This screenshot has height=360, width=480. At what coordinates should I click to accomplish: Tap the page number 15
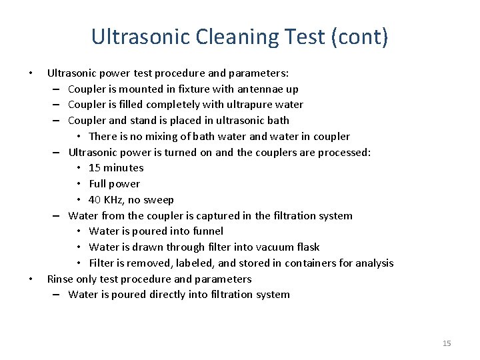pyautogui.click(x=447, y=343)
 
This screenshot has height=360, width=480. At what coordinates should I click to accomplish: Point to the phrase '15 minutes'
pyautogui.click(x=116, y=168)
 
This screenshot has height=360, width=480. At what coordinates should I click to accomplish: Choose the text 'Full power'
pyautogui.click(x=114, y=184)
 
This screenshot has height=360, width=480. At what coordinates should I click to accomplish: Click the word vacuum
pyautogui.click(x=271, y=247)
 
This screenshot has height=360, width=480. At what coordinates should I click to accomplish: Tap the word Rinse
pyautogui.click(x=60, y=279)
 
